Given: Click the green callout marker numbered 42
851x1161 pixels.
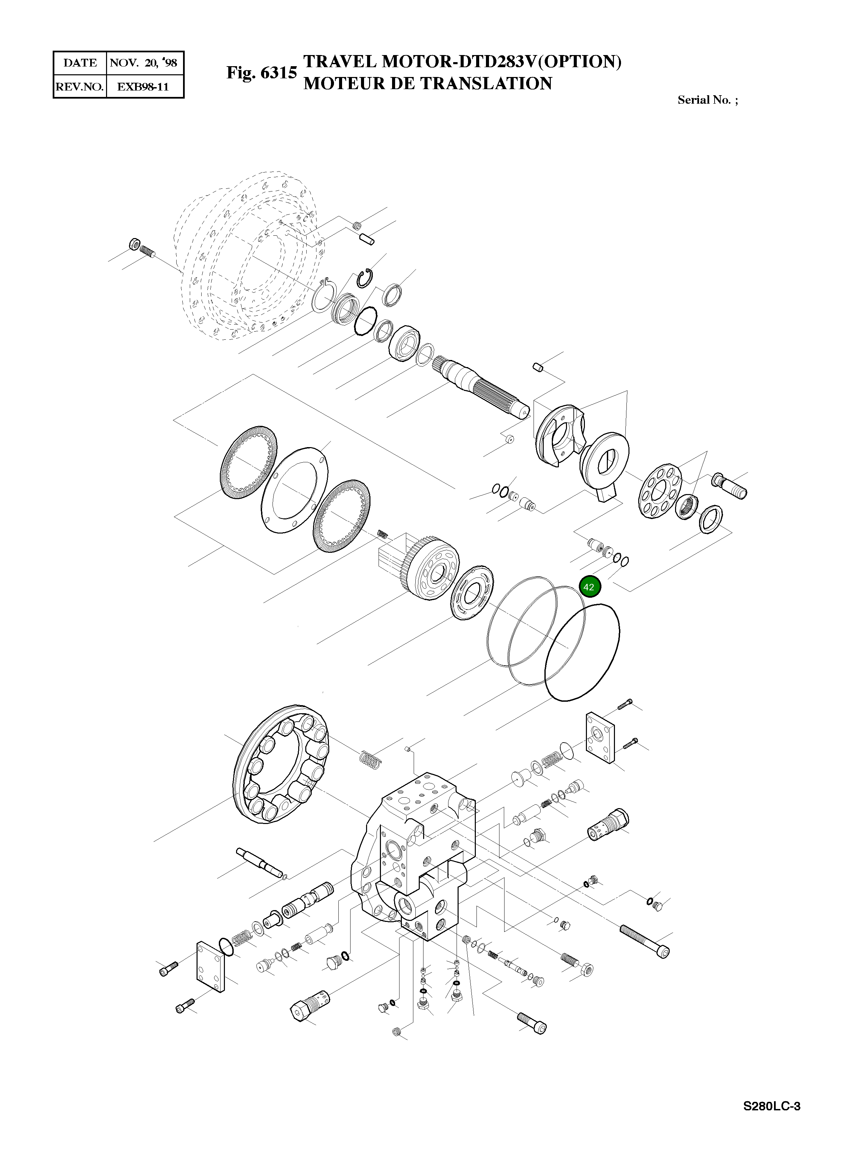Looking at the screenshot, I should (589, 587).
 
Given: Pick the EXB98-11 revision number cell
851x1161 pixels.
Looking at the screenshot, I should (143, 86).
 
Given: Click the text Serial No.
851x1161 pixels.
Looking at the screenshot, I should (704, 100).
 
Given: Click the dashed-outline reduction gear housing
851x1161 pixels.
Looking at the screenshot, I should (247, 258).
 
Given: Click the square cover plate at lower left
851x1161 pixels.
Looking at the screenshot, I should (211, 967).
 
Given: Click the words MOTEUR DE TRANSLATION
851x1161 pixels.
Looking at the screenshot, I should (428, 83).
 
